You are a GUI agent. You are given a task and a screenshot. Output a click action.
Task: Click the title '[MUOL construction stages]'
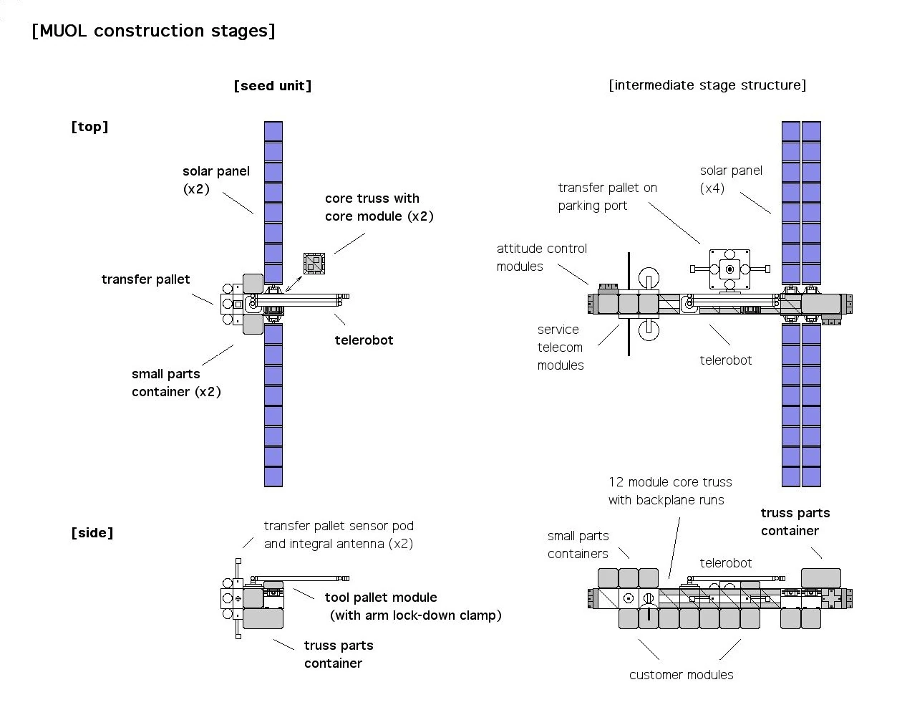click(x=153, y=31)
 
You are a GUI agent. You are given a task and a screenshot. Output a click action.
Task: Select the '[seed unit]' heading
click(x=273, y=86)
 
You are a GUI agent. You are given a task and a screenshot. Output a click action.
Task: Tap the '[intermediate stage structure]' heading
click(x=707, y=85)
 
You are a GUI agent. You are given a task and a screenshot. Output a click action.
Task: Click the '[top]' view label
click(x=89, y=127)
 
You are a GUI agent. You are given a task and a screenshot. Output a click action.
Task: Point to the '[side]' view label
click(x=92, y=533)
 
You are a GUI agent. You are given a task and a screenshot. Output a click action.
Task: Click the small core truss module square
click(x=314, y=264)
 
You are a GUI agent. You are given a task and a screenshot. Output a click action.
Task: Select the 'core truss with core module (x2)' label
click(x=379, y=207)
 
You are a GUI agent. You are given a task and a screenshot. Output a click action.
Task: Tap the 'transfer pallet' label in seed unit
click(x=145, y=279)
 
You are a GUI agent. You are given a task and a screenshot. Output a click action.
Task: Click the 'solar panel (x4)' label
click(x=730, y=179)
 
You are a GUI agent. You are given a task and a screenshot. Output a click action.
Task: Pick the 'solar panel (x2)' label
click(x=215, y=180)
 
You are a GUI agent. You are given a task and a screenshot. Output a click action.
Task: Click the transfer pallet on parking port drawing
click(x=729, y=269)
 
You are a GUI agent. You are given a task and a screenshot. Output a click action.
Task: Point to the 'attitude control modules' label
click(x=541, y=257)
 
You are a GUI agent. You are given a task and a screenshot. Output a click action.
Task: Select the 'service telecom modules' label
click(x=560, y=347)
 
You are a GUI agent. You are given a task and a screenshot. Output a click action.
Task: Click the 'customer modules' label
click(x=681, y=675)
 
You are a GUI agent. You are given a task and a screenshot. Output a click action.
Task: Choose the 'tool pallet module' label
click(x=381, y=598)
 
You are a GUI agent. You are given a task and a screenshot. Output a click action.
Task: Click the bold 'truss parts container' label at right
click(x=795, y=522)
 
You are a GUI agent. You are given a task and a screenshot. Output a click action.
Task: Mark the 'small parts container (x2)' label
click(x=176, y=383)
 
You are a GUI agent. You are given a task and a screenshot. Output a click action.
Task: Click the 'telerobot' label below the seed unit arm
click(x=364, y=340)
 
